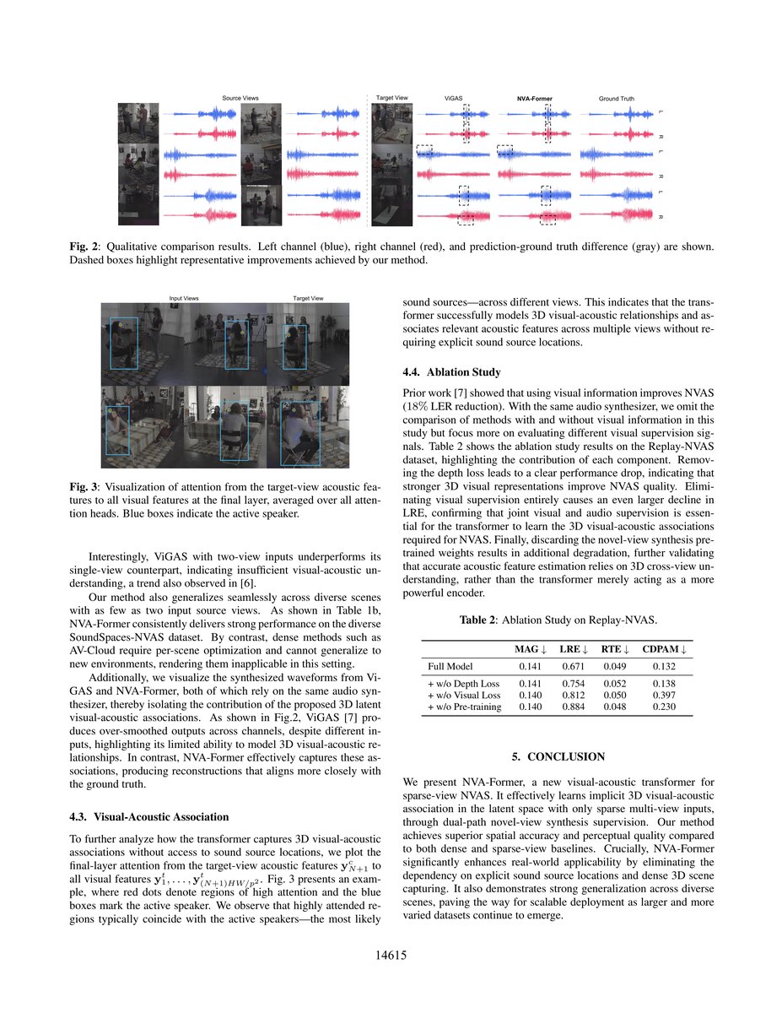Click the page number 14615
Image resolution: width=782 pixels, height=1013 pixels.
(391, 956)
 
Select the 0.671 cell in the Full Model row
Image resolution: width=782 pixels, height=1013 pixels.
(574, 666)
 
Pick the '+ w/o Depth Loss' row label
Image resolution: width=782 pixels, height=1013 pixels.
(464, 683)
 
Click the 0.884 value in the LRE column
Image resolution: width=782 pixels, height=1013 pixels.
(574, 707)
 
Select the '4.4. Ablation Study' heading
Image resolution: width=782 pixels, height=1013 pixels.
(451, 371)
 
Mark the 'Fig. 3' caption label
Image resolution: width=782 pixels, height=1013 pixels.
(83, 487)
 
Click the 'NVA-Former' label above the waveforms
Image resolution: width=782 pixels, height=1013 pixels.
(534, 99)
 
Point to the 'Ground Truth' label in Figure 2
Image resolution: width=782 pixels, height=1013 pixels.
(616, 99)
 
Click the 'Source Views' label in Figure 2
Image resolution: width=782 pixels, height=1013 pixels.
(240, 99)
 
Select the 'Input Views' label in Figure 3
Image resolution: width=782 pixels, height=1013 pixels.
(184, 298)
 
